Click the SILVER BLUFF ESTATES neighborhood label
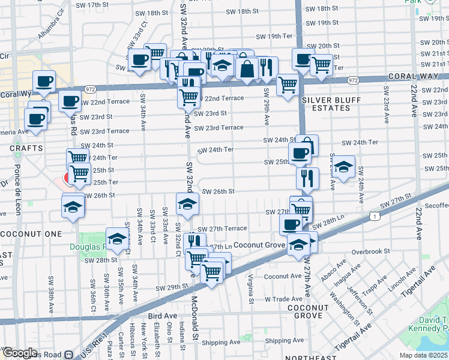click(326, 104)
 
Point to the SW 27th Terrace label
click(222, 229)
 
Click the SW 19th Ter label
click(272, 36)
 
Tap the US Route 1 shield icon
click(375, 215)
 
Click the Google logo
click(20, 353)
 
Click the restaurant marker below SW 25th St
click(305, 178)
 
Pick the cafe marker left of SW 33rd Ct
click(140, 60)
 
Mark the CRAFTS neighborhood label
click(26, 148)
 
